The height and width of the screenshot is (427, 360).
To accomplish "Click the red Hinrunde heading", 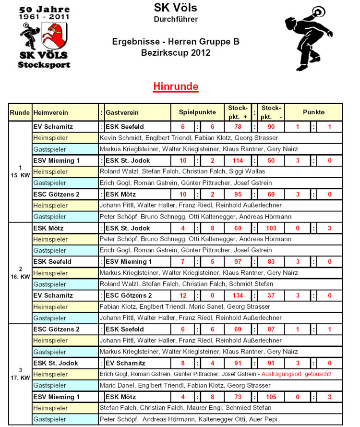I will pyautogui.click(x=176, y=87).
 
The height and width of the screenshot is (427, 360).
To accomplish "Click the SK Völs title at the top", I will pyautogui.click(x=175, y=8).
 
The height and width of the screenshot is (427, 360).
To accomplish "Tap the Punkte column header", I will pyautogui.click(x=313, y=112).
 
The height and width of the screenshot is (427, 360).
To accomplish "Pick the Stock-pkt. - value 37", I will pyautogui.click(x=272, y=295).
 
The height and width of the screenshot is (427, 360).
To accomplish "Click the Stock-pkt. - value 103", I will pyautogui.click(x=272, y=228).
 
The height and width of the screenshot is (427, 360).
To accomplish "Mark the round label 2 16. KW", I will pyautogui.click(x=20, y=272).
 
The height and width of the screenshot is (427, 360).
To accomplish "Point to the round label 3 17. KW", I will pyautogui.click(x=20, y=374).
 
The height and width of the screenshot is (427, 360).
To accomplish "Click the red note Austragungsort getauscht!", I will pyautogui.click(x=297, y=374).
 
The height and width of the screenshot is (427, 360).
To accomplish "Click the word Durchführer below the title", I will pyautogui.click(x=175, y=19).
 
